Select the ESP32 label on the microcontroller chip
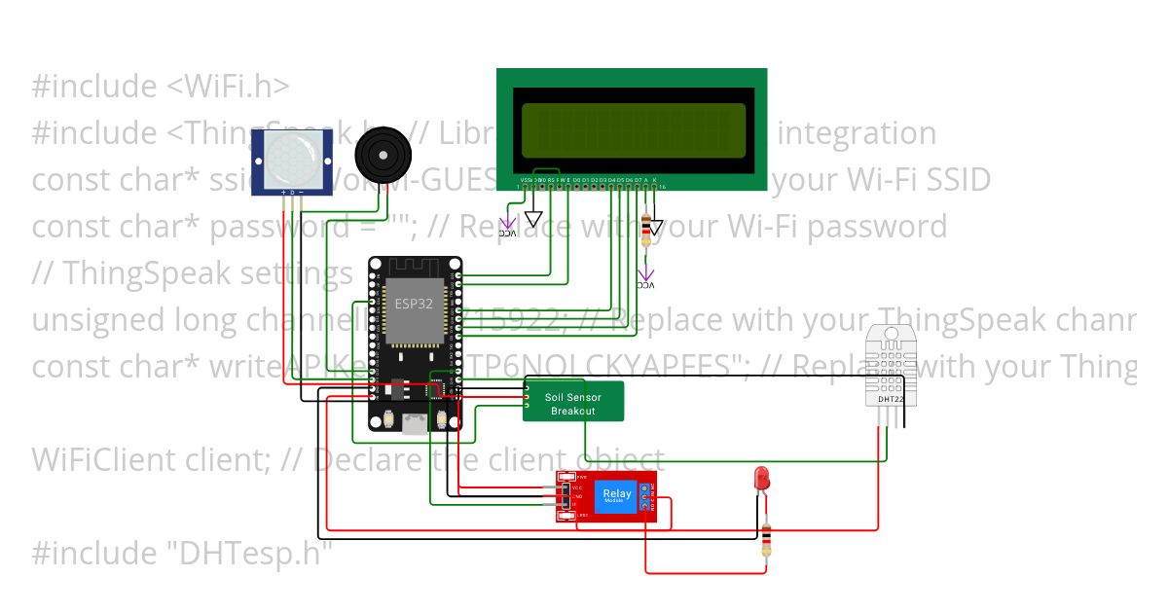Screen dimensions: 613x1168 pos(414,304)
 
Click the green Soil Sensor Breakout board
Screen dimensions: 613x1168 pos(572,403)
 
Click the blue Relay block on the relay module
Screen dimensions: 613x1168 pos(617,494)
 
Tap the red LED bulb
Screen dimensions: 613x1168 pos(762,479)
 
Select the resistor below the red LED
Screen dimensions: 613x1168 pos(768,541)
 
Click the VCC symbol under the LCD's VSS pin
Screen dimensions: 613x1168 pos(508,226)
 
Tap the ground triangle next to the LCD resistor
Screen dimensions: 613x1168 pos(656,227)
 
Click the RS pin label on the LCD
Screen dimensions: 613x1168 pos(551,181)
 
